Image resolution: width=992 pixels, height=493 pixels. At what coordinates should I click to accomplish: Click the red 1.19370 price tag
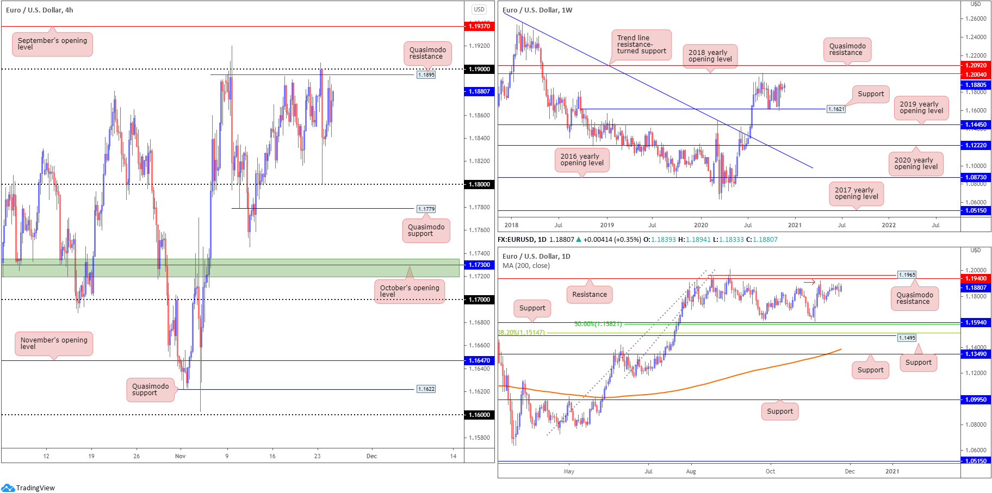pos(479,26)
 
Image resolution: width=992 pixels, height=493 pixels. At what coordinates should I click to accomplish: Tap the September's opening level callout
pos(52,44)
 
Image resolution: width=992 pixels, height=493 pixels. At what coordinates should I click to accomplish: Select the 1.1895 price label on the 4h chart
pos(426,75)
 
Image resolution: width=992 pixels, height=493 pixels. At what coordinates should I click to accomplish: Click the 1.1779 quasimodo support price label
pos(426,209)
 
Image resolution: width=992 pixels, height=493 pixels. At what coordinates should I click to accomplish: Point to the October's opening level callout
pos(410,291)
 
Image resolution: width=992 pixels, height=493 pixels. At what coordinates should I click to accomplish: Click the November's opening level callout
pos(54,344)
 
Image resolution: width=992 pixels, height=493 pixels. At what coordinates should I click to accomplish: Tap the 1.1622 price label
pos(426,389)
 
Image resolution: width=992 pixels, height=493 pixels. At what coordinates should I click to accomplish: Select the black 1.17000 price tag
pos(479,299)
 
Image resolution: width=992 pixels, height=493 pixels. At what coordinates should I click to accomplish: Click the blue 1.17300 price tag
pos(479,265)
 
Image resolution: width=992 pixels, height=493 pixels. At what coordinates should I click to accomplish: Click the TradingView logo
pos(28,488)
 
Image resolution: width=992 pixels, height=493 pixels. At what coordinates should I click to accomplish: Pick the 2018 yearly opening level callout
pos(710,56)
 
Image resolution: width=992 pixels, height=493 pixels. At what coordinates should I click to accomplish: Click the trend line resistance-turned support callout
pos(641,45)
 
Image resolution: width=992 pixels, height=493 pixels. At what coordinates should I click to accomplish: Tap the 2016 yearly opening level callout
pos(582,160)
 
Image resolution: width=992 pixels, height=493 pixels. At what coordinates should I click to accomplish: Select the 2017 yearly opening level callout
pos(856,194)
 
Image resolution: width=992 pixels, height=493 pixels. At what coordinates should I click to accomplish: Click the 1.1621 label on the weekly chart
pos(836,109)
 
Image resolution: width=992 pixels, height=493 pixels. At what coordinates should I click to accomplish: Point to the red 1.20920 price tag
pos(976,65)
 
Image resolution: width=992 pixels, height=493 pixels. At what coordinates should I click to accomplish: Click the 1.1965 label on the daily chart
pos(907,275)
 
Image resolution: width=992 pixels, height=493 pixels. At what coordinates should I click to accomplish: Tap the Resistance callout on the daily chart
pos(590,295)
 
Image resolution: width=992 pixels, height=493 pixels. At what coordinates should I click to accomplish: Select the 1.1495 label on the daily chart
pos(907,338)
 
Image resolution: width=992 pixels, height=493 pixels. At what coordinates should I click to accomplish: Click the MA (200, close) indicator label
pos(526,266)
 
